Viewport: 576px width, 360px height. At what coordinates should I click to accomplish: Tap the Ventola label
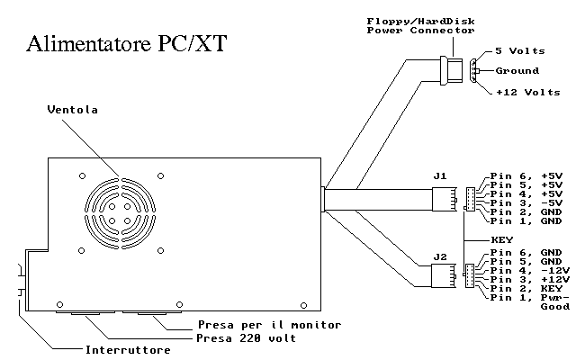click(x=72, y=110)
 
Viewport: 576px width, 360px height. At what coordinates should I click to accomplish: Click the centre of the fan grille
click(x=121, y=206)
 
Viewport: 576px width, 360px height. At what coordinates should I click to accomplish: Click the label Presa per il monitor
click(x=270, y=324)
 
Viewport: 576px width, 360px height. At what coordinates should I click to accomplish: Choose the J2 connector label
click(x=440, y=257)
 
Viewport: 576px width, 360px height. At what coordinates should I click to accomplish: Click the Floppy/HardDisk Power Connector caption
click(x=420, y=25)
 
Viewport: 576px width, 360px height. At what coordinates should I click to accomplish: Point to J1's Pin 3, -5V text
click(x=526, y=202)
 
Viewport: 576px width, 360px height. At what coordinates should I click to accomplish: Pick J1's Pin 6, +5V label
click(x=526, y=175)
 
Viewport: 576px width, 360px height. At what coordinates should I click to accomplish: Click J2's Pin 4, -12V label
click(x=529, y=270)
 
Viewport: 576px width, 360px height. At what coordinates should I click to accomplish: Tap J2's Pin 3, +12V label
click(x=529, y=279)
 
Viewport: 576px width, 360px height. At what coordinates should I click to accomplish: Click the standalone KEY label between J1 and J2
click(x=501, y=240)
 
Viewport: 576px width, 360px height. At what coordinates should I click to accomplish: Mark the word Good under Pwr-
click(x=554, y=307)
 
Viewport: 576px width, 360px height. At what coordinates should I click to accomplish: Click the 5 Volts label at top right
click(x=522, y=51)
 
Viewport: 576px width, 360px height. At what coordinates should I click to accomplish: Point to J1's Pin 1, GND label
click(x=526, y=220)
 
